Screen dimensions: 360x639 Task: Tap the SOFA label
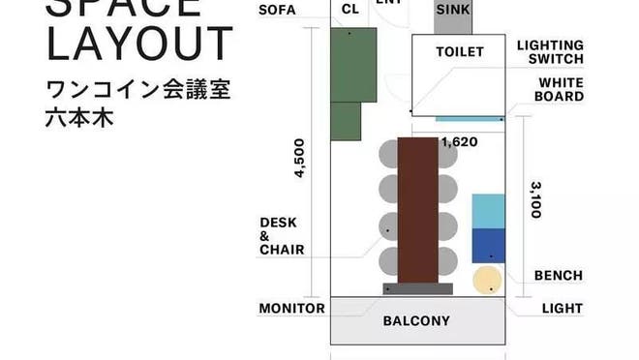(277, 11)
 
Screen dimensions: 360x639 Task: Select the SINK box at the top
(454, 11)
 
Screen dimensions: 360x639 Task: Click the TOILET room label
(459, 51)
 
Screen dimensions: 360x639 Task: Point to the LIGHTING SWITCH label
(550, 51)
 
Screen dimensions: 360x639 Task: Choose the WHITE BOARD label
(561, 90)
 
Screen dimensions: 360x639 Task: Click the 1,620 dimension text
(459, 142)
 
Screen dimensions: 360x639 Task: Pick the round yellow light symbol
(487, 281)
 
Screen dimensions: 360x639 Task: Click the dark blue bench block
(488, 246)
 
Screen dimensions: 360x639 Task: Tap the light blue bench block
(488, 211)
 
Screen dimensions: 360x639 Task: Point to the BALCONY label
(416, 321)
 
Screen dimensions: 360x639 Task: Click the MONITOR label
(291, 309)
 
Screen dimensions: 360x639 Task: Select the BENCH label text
(559, 276)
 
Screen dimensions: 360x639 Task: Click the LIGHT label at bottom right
(563, 309)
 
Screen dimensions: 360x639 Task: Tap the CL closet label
(350, 11)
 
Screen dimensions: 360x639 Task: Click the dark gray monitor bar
(418, 288)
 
